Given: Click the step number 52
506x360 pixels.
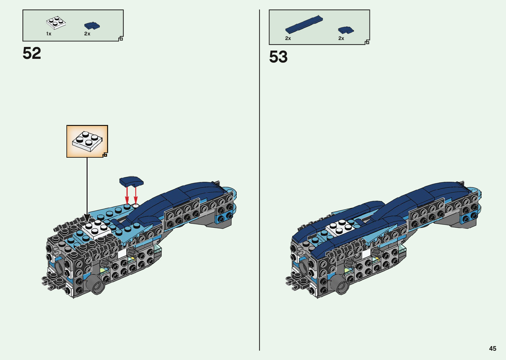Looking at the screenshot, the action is coord(32,53).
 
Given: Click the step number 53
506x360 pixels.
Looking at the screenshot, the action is coord(278,57).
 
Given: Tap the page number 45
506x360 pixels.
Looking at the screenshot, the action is coord(492,348).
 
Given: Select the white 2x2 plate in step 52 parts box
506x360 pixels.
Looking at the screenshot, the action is coord(56,23).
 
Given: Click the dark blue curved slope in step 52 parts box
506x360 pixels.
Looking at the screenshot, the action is coord(92,25).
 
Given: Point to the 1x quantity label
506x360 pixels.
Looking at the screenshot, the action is coord(49,34).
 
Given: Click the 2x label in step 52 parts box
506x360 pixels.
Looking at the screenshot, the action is coord(87,34).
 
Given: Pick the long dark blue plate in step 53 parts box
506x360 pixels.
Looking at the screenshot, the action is coord(304,24).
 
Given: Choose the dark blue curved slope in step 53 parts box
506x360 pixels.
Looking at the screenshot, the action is coord(346,30).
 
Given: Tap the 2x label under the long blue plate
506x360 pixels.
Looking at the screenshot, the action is coord(288,38).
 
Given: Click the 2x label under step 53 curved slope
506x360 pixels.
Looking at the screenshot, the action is coord(341,38).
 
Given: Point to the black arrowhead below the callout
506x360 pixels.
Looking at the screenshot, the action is coord(87,218).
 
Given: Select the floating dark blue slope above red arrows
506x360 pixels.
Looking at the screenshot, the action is coord(131,181).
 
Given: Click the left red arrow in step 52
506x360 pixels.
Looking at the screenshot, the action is coord(127,195).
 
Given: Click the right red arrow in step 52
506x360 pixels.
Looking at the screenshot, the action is coord(136,196).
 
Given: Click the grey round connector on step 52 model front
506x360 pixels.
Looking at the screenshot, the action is coord(96,285).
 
